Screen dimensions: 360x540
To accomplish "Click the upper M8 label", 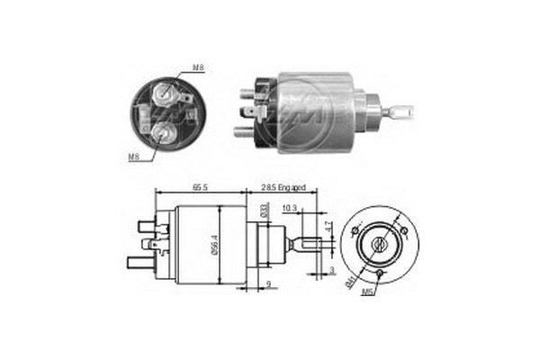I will tap(198, 68).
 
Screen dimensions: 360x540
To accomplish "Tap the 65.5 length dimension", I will tap(200, 188).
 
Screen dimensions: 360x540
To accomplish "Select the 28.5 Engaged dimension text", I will tap(284, 188).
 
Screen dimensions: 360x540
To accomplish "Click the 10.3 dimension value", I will tap(290, 209).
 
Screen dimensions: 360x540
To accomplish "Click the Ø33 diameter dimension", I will tap(264, 211).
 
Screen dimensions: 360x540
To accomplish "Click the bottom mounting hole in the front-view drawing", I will tap(381, 273).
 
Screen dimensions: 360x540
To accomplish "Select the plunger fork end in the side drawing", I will tap(308, 242).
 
